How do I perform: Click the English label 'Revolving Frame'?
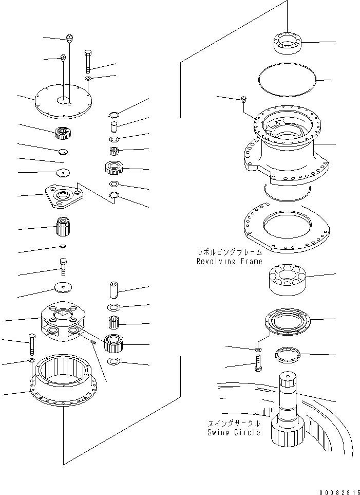(x=230, y=262)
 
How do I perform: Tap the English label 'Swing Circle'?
(x=234, y=432)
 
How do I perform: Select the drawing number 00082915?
(x=339, y=491)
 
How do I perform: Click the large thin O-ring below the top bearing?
(x=287, y=79)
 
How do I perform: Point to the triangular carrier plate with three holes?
(x=65, y=196)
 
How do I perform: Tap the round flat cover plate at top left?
(x=63, y=101)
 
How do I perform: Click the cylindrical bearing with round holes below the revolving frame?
(x=288, y=279)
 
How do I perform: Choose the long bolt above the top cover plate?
(x=88, y=61)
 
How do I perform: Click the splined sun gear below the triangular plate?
(x=63, y=226)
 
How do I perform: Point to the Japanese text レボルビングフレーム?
(x=230, y=252)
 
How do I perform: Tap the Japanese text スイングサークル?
(x=234, y=424)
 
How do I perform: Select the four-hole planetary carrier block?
(x=63, y=321)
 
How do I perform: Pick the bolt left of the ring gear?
(x=32, y=344)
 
